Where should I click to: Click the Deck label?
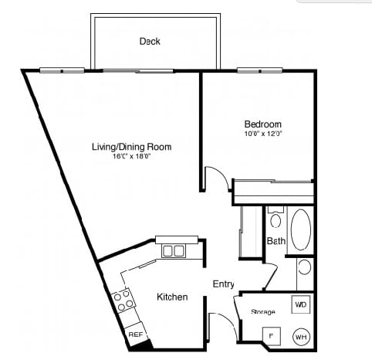point(150,41)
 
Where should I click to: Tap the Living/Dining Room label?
point(131,147)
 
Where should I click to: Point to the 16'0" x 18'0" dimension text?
point(131,157)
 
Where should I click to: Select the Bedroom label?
point(262,124)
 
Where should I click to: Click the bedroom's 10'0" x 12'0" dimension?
point(262,134)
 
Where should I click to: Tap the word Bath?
point(276,241)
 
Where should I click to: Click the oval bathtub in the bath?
point(300,229)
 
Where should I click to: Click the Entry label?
point(223,284)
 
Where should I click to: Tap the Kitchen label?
point(172,297)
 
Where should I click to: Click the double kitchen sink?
point(173,250)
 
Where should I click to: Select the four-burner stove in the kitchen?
point(122,301)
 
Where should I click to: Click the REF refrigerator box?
point(136,335)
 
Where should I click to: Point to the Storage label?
point(262,312)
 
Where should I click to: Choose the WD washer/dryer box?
point(300,304)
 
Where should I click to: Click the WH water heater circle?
point(301,337)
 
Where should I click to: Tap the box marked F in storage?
point(270,336)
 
